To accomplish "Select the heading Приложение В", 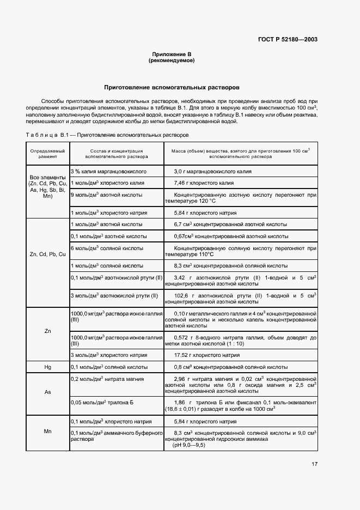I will [172, 54].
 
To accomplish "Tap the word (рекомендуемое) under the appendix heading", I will [172, 60].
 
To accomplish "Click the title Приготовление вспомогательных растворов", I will [172, 87].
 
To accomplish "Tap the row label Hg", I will [47, 367].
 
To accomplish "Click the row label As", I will [47, 392].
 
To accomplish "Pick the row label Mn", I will [47, 431].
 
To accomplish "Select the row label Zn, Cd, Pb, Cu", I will [47, 254].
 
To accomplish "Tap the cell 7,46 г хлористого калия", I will [204, 183].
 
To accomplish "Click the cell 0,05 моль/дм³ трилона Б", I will [102, 402].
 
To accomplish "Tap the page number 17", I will [314, 464].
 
